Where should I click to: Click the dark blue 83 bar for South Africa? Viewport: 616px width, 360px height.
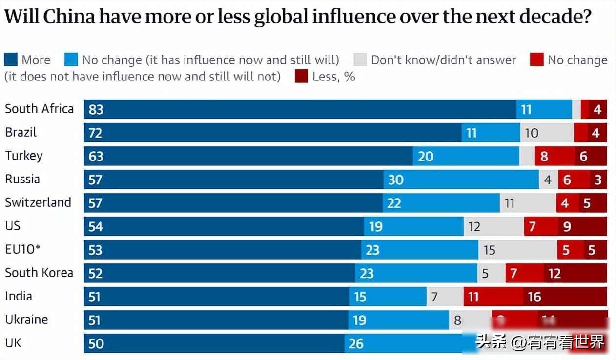(x=300, y=109)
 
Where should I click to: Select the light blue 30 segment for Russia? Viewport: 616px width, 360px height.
(x=461, y=180)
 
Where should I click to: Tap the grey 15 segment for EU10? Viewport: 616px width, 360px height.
(x=517, y=250)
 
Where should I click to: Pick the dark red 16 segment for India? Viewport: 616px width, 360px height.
(x=565, y=297)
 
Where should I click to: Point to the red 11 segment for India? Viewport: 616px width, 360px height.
(x=493, y=297)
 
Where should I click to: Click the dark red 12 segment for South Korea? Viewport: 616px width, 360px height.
(x=575, y=273)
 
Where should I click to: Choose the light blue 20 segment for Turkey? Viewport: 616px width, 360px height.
(x=466, y=156)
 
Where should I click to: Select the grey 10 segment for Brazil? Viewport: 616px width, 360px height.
(x=547, y=133)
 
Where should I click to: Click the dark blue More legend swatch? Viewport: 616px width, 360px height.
(x=11, y=60)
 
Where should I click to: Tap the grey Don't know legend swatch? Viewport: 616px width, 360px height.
(x=360, y=60)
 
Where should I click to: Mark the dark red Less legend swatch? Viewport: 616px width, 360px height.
(x=301, y=77)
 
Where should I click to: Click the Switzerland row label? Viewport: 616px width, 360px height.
(x=38, y=202)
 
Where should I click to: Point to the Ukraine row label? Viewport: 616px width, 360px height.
(x=26, y=320)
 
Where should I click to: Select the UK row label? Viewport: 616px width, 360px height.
(x=13, y=343)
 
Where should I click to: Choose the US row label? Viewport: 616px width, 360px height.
(x=13, y=226)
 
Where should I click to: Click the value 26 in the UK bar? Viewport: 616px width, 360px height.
(x=356, y=343)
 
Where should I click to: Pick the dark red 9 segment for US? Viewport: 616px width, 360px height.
(x=582, y=226)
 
